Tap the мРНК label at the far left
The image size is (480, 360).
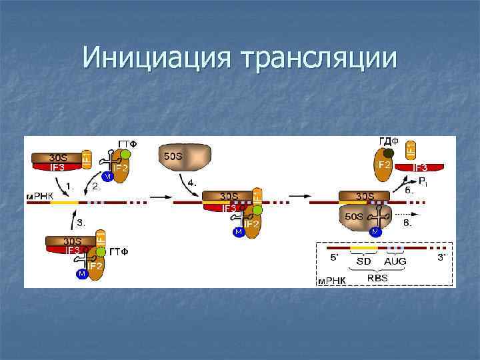38,197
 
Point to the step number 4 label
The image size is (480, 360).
191,182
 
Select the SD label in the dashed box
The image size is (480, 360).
363,261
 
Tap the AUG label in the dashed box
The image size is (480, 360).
395,261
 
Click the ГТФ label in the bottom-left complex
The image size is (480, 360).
119,251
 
